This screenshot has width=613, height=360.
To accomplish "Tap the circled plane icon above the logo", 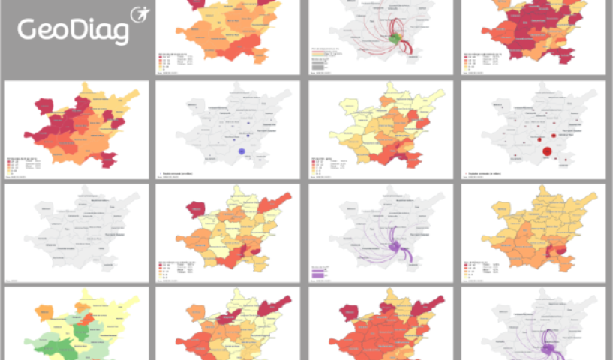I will click(x=140, y=14).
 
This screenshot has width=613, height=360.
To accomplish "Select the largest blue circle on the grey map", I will click(x=242, y=151).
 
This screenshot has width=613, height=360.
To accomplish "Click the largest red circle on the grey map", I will click(x=546, y=154).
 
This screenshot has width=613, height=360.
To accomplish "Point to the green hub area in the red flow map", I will click(x=396, y=37).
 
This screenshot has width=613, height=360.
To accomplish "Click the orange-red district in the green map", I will click(x=87, y=319).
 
